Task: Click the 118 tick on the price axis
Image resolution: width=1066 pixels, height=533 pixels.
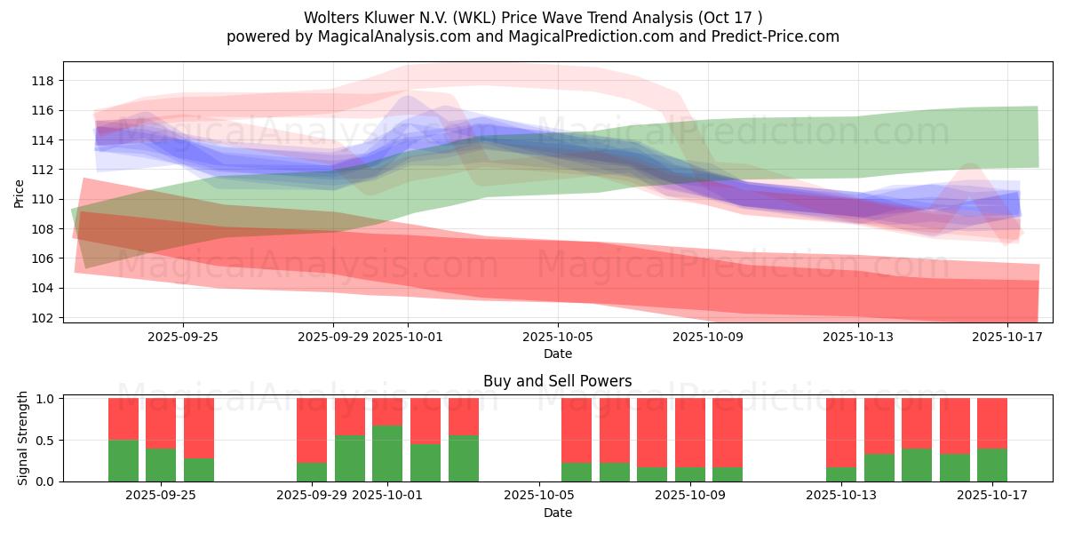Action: pyautogui.click(x=43, y=81)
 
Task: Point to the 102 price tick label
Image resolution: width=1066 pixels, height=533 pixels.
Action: pyautogui.click(x=43, y=318)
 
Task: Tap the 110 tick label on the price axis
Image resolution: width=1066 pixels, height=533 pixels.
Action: pyautogui.click(x=43, y=199)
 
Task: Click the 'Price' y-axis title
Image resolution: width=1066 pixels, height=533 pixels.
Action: pyautogui.click(x=20, y=193)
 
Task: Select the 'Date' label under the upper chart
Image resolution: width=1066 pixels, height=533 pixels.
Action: pyautogui.click(x=558, y=354)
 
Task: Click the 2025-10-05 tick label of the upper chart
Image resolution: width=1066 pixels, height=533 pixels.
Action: pyautogui.click(x=558, y=337)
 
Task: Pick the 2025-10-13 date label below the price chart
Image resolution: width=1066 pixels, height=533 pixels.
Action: pyautogui.click(x=858, y=337)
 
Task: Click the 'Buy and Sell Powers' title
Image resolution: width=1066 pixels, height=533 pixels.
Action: pyautogui.click(x=558, y=381)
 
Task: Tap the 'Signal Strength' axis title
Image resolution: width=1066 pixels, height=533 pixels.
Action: pyautogui.click(x=23, y=438)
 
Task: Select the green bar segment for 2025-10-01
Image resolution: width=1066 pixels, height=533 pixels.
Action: pyautogui.click(x=387, y=453)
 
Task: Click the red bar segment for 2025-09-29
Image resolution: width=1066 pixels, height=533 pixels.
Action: pyautogui.click(x=312, y=430)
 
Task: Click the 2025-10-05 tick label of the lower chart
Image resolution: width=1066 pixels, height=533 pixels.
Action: pyautogui.click(x=538, y=496)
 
